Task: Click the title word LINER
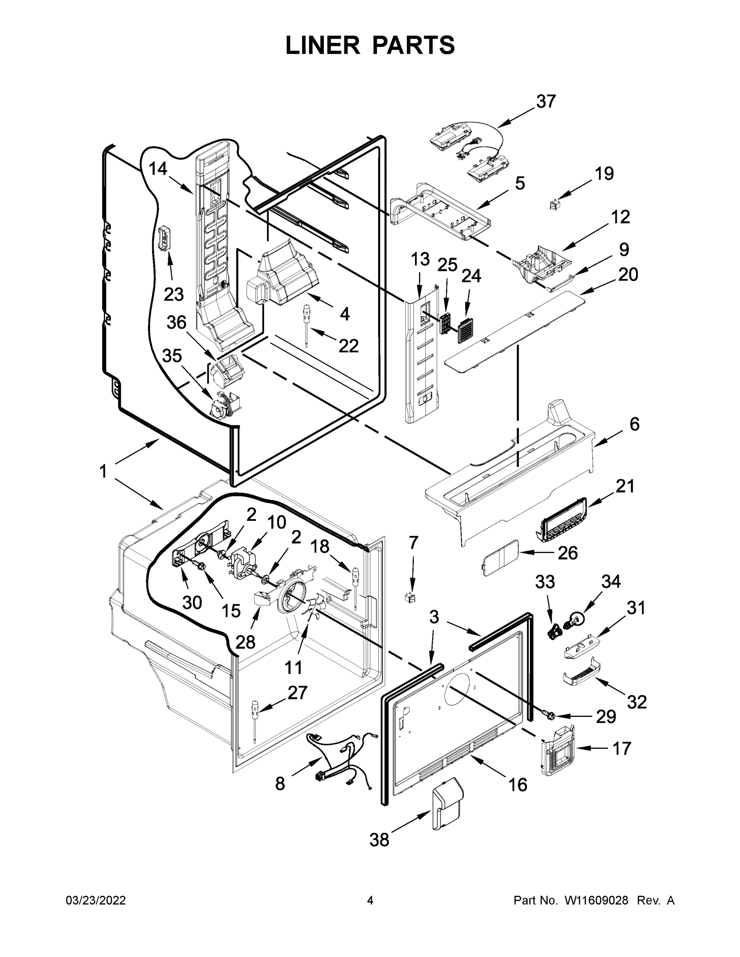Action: point(322,45)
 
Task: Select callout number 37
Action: point(546,102)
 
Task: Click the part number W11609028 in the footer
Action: point(596,900)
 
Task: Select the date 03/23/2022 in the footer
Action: point(96,900)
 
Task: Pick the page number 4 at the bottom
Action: point(370,900)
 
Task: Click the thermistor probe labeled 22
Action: point(306,324)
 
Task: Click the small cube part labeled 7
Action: point(411,597)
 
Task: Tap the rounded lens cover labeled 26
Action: point(500,557)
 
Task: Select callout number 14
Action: point(158,169)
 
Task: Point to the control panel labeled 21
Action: point(561,520)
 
